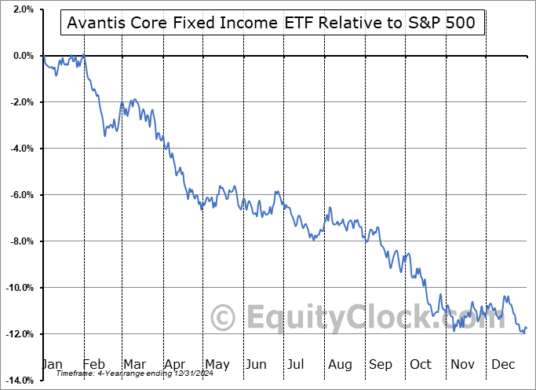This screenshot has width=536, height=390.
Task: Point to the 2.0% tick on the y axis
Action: pyautogui.click(x=22, y=9)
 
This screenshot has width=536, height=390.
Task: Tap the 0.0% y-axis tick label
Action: pyautogui.click(x=22, y=56)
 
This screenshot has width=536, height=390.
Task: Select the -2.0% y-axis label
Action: pyautogui.click(x=20, y=102)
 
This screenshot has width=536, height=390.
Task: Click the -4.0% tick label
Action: pyautogui.click(x=20, y=149)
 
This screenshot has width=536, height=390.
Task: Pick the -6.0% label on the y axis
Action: pyautogui.click(x=20, y=195)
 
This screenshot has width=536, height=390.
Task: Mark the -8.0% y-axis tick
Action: pyautogui.click(x=20, y=241)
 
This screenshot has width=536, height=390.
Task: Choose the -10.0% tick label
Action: pyautogui.click(x=19, y=288)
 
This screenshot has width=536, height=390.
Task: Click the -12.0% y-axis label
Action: pyautogui.click(x=19, y=334)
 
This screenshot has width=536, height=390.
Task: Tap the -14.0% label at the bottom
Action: pyautogui.click(x=19, y=381)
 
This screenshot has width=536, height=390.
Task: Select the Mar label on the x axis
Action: pyautogui.click(x=133, y=365)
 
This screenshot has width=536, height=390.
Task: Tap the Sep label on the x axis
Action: pyautogui.click(x=381, y=365)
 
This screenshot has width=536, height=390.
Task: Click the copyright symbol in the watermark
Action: pyautogui.click(x=224, y=318)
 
